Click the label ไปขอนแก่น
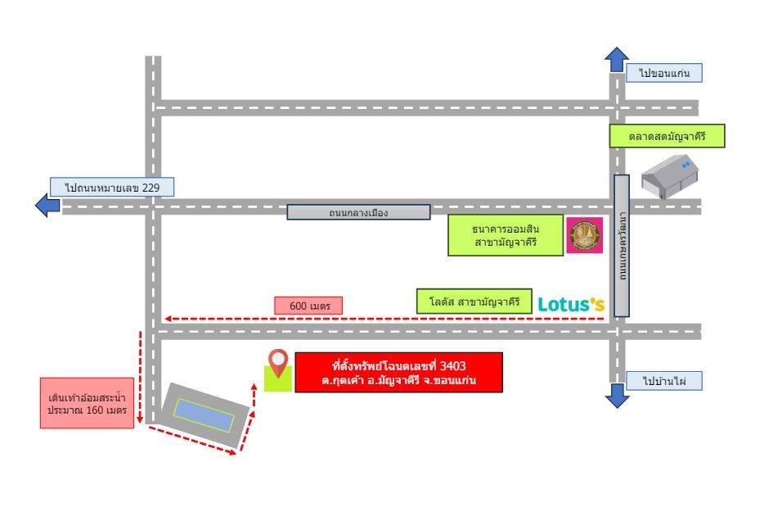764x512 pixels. [663, 73]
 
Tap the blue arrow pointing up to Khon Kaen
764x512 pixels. [617, 59]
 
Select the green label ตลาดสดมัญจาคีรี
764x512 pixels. [667, 136]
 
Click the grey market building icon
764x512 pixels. [669, 176]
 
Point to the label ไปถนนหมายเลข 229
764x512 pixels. [112, 187]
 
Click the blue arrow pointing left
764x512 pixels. [47, 205]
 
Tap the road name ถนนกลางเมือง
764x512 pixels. [358, 212]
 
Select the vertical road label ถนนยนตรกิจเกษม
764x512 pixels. [622, 246]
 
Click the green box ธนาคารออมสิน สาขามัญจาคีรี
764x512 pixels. [506, 235]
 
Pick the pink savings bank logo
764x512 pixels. [585, 235]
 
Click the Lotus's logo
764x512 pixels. [571, 304]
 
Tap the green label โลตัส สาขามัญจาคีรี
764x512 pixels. [474, 301]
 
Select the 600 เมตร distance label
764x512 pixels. [308, 306]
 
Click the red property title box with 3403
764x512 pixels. [398, 373]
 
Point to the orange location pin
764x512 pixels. [278, 363]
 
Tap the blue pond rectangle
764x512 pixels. [204, 415]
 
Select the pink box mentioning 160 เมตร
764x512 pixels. [88, 403]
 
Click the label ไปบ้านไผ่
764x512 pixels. [663, 381]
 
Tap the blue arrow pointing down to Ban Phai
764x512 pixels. [617, 396]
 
